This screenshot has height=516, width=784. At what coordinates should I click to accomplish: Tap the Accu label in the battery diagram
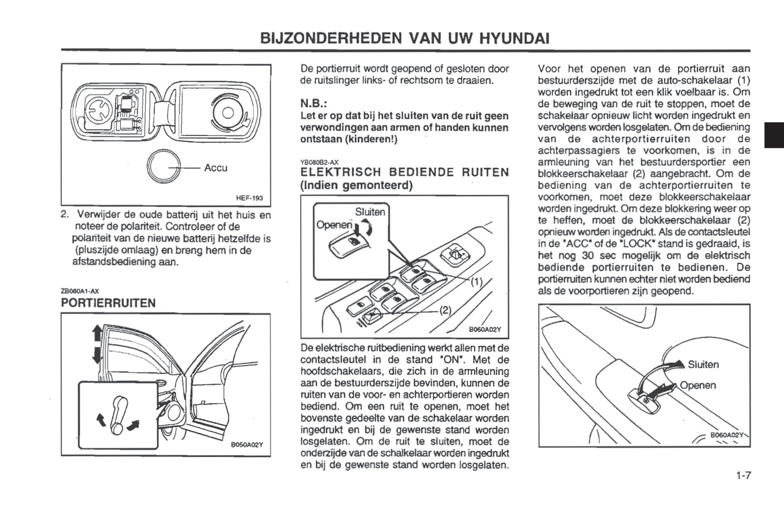(x=215, y=168)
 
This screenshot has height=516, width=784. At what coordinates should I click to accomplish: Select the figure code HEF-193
(x=250, y=198)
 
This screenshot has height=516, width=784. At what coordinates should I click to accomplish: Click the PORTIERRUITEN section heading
(x=109, y=303)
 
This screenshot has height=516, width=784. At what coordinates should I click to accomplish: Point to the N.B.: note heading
(x=314, y=103)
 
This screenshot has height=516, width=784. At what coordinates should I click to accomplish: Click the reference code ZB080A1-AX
(x=80, y=291)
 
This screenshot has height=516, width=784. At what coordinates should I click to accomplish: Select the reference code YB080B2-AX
(x=320, y=162)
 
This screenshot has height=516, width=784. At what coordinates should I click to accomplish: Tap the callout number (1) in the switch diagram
(x=475, y=282)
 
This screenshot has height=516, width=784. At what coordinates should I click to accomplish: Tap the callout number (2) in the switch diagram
(x=445, y=310)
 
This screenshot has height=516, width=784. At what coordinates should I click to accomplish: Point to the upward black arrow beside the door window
(x=97, y=333)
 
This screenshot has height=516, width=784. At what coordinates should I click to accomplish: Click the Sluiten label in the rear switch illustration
(x=703, y=365)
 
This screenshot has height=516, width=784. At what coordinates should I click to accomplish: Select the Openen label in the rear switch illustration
(x=698, y=385)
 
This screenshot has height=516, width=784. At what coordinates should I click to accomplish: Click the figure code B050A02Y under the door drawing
(x=247, y=444)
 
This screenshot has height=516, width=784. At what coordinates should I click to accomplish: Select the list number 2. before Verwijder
(x=65, y=214)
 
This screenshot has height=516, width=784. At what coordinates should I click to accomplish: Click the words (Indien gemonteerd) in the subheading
(x=356, y=185)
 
